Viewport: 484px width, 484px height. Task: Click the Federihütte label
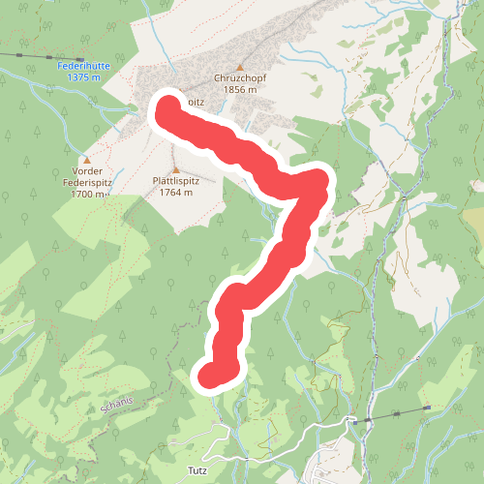pos(82,66)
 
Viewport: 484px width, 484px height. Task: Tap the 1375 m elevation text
pos(84,76)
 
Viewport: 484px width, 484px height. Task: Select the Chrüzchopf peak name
pos(239,78)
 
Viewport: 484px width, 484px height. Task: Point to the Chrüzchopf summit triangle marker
pos(240,67)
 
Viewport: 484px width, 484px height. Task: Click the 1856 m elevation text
pos(239,89)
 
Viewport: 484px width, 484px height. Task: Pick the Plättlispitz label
pos(174,181)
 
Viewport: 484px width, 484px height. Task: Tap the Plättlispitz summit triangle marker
pos(175,169)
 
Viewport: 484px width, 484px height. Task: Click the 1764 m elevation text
pos(174,192)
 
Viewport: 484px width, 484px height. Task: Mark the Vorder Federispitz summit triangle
pos(87,160)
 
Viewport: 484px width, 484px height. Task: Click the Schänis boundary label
pos(120,404)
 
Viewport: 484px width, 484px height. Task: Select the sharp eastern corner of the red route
pos(321,180)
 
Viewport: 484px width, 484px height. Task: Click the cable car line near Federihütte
pos(29,57)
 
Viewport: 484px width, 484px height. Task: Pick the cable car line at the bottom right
pos(397,415)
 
